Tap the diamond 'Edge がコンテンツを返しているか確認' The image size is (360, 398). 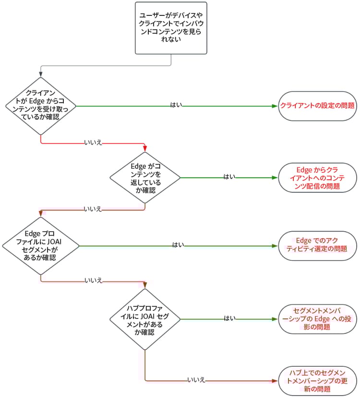point(145,177)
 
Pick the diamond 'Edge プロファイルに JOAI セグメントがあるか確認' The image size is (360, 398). point(41,246)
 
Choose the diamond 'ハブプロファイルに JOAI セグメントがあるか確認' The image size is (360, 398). point(145,318)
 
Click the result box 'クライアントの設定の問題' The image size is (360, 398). point(317,105)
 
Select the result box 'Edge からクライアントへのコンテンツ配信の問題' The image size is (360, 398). point(317,177)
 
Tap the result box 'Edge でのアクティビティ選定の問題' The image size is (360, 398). point(317,246)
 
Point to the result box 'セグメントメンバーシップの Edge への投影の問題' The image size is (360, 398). point(317,318)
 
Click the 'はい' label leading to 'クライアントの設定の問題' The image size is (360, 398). point(176,105)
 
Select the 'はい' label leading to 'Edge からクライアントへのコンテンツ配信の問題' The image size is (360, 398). point(229,177)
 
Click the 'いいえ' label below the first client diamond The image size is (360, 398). point(93,143)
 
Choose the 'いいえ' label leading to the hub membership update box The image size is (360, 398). point(196,380)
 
